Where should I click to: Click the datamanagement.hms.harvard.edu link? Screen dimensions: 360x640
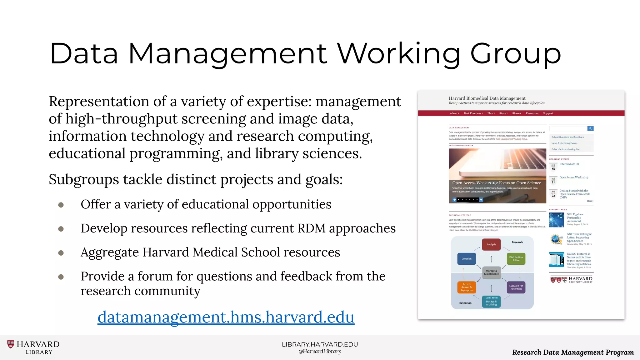coord(226,317)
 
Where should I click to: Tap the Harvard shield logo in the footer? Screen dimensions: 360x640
coord(11,344)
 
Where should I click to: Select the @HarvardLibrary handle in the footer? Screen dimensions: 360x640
coord(320,352)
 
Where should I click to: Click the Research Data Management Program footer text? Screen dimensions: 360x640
coord(573,352)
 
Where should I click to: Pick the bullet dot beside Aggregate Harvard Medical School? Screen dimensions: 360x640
coord(61,253)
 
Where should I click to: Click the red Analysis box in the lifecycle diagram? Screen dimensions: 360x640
coord(491,244)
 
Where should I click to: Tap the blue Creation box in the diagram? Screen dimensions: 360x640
coord(467,259)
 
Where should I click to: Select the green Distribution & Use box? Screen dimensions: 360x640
coord(516,259)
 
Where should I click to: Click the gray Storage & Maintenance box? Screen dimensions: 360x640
coord(492,272)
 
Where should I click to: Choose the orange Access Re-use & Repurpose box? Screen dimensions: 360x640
coord(467,287)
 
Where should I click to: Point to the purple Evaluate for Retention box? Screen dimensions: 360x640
coord(516,287)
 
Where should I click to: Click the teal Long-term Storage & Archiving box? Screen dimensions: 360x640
coord(491,301)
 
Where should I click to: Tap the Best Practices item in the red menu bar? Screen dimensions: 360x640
coord(473,113)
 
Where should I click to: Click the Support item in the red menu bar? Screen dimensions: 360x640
coord(548,113)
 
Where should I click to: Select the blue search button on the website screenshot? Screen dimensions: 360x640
coord(590,128)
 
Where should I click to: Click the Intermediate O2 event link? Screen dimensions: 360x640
coord(569,164)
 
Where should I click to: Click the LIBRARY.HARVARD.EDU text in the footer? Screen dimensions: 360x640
coord(320,344)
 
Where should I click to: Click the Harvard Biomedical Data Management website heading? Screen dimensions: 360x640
coord(487,98)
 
